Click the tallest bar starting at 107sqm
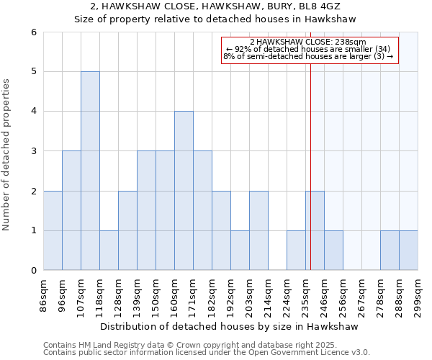90,171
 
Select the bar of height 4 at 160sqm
184,191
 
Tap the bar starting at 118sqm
109,251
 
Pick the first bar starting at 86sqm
53,230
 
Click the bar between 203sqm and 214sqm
258,230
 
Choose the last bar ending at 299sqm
408,251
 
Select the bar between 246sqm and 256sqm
333,251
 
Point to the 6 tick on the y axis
33,32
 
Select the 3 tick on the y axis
33,151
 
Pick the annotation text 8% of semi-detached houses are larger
308,56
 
